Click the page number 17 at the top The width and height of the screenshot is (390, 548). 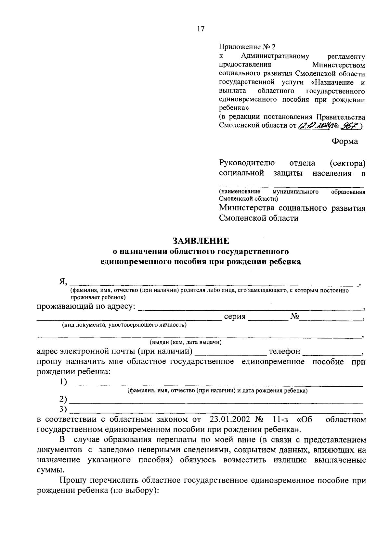tap(201, 29)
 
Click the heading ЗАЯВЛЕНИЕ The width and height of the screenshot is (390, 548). tap(201, 241)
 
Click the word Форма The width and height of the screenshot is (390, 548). tap(344, 142)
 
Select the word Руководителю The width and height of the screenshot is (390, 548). tap(247, 163)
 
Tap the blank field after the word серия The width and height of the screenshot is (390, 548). tap(268, 318)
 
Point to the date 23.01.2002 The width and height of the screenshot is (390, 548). tap(230, 419)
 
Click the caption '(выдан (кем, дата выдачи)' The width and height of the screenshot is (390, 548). tap(186, 342)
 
